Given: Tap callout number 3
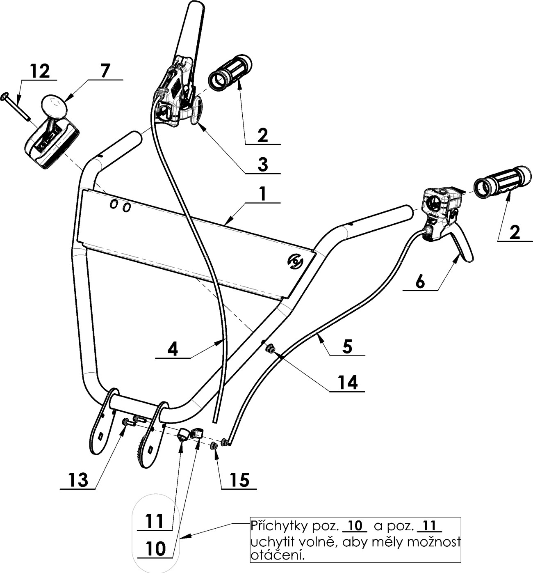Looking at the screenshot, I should [263, 164].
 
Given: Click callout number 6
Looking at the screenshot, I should [420, 282].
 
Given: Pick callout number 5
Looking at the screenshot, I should [347, 347].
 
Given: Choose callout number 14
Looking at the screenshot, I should [347, 383].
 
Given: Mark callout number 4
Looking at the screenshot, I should [173, 349].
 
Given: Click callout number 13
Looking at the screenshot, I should [78, 480].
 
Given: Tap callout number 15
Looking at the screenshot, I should [239, 480].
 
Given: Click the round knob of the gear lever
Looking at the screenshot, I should [54, 106].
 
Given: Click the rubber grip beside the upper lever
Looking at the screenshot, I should [230, 72].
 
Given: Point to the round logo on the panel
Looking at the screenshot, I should [295, 261].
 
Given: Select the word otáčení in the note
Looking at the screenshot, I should [278, 556].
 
